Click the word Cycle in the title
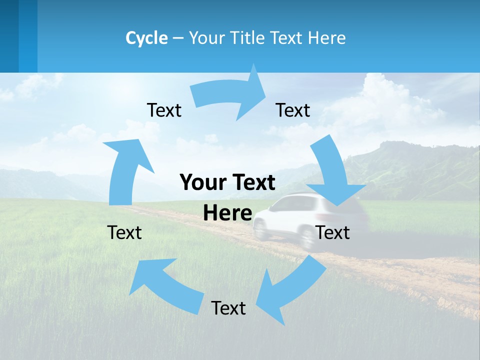point(146,38)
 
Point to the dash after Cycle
point(178,38)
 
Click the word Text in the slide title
point(287,38)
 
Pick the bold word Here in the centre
point(227,213)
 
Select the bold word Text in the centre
point(250,182)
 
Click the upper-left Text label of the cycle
point(164,110)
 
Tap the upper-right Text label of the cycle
point(293,110)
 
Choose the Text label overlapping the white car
point(333,232)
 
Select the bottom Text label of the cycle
point(228,308)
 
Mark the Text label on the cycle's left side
point(124,232)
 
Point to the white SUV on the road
point(295,217)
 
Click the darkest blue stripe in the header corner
point(9,35)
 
